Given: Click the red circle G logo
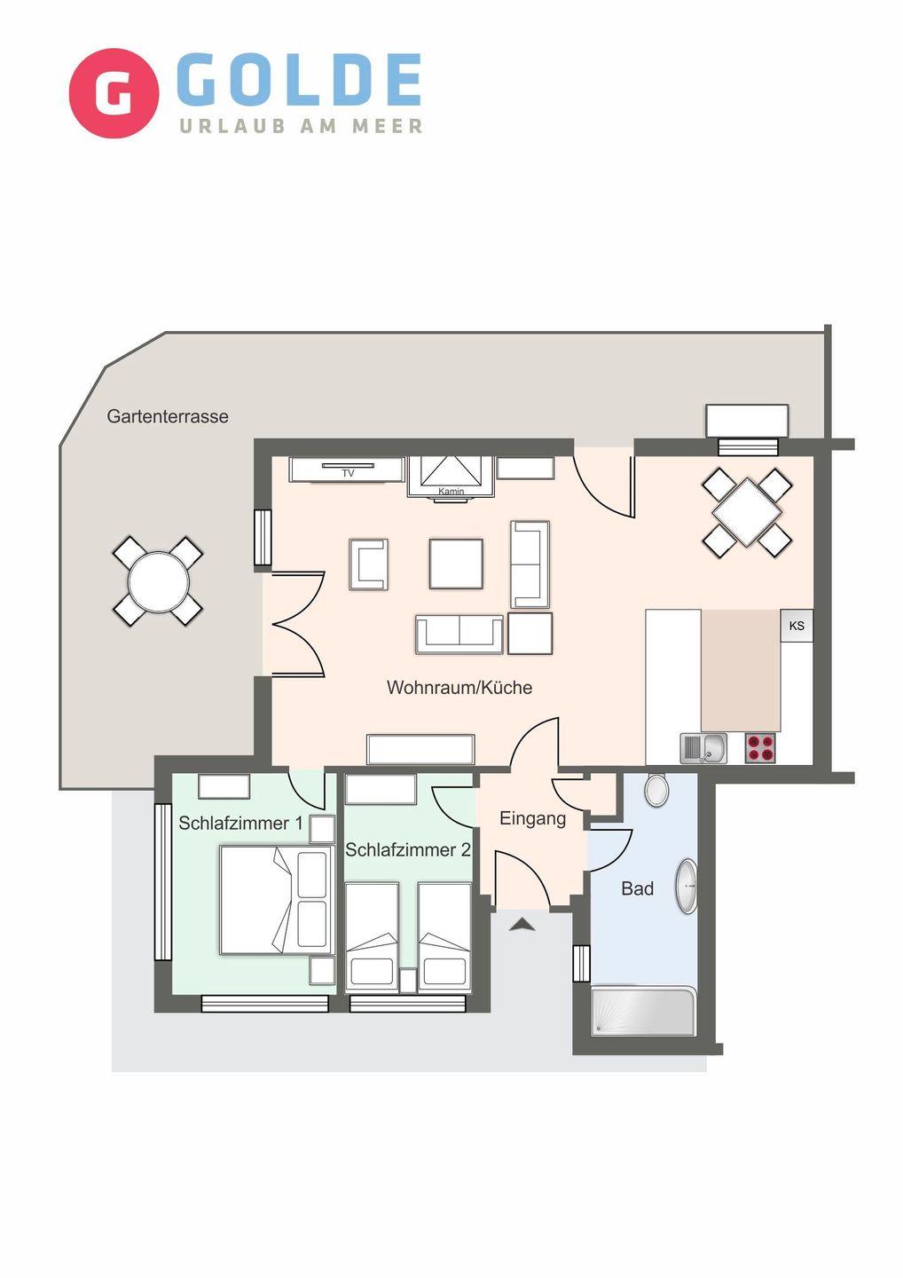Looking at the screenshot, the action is tap(114, 93).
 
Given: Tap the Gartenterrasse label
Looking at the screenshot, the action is tap(168, 416).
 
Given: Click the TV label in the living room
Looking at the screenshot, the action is tap(348, 473).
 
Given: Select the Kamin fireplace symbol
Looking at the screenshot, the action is tap(451, 478).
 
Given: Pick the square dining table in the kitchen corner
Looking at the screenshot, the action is tap(746, 512).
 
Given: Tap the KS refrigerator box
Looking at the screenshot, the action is tap(797, 626).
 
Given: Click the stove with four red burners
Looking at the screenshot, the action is tap(760, 747).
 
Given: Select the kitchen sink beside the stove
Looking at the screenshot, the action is tap(703, 748).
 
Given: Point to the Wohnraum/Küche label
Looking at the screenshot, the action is tap(459, 688).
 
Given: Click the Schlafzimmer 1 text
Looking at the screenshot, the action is tap(240, 823).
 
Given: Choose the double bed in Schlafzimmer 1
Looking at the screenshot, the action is tap(277, 900).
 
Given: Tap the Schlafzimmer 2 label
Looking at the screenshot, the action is tap(408, 849).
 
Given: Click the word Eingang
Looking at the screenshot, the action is tap(532, 819).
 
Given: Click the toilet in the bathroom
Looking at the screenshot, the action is tap(656, 790).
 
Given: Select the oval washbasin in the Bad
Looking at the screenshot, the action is tap(687, 887).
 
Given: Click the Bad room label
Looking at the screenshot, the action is tap(638, 888).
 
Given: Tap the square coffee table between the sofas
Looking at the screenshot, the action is tap(456, 564).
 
